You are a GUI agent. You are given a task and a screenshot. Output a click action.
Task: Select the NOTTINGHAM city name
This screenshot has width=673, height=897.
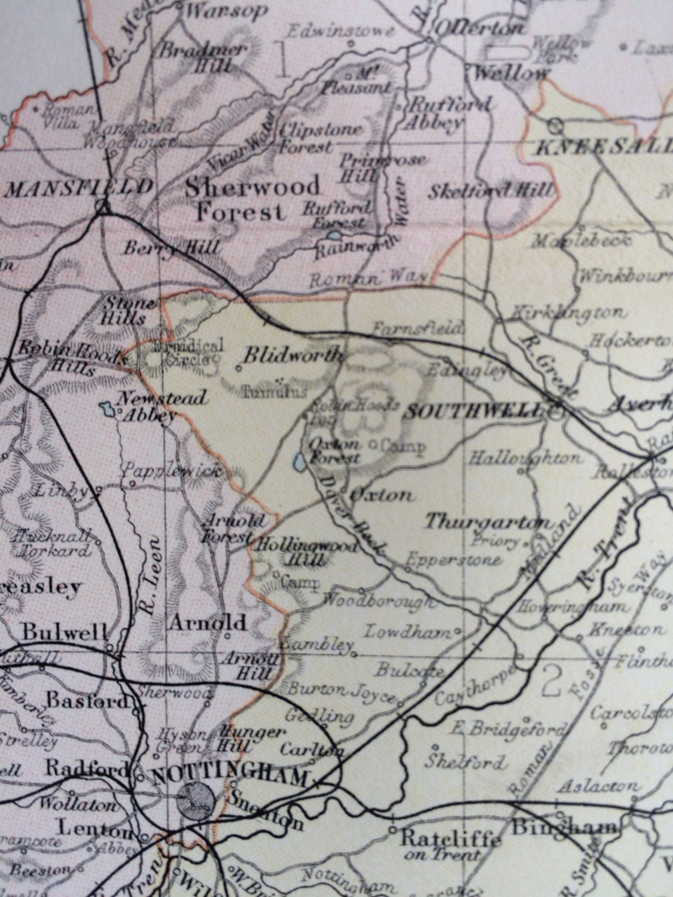230,776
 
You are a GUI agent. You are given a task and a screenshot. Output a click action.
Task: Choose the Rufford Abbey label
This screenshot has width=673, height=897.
449,113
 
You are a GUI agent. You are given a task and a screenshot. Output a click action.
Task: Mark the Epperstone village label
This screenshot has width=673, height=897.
453,560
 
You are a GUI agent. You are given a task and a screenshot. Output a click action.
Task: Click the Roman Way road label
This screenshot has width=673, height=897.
368,279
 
